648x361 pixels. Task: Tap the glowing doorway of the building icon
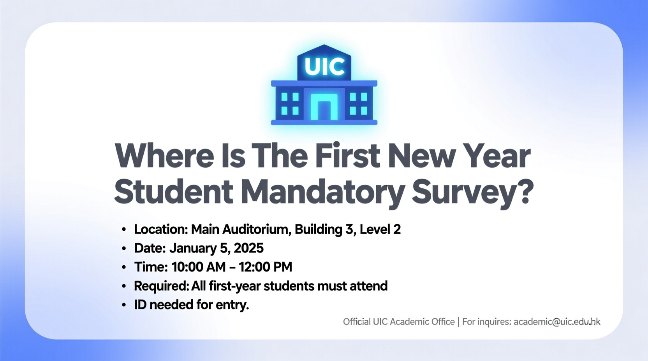click(324, 106)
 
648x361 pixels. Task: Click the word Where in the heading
click(164, 156)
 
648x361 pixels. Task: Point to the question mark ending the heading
click(524, 192)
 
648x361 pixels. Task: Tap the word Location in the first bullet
click(161, 230)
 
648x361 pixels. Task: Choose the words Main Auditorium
click(241, 230)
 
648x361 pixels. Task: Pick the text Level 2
click(380, 230)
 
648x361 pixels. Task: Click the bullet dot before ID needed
click(124, 305)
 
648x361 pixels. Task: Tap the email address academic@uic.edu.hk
click(557, 322)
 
